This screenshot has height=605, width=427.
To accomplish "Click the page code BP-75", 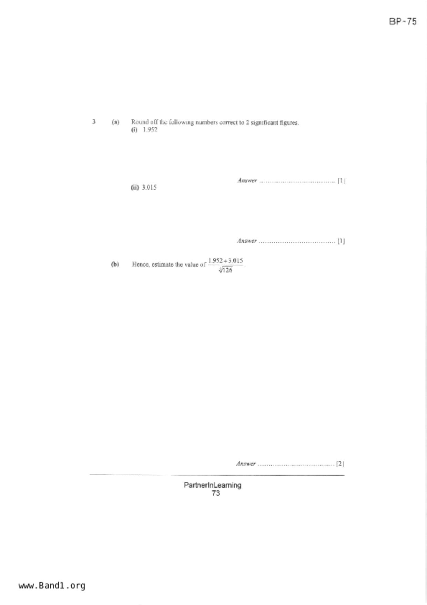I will pos(403,21).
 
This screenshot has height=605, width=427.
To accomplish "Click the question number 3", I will pos(94,121).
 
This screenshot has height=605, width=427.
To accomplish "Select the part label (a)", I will pos(115,122).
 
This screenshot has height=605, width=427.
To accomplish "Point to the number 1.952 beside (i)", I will pos(150,130).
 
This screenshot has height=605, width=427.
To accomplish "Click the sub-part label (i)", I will pos(134,130).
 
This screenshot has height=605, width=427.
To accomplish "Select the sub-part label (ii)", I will pos(135,187).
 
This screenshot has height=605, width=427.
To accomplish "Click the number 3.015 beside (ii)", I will pos(149,187).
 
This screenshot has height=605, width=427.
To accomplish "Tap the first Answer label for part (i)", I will pos(247,180).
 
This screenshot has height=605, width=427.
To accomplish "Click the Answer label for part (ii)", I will pos(247,241).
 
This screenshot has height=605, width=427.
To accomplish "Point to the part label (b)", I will pos(115,264).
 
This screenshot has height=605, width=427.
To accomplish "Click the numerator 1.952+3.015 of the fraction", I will pos(225,260).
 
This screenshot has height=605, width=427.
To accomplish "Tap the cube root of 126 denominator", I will pos(225,270).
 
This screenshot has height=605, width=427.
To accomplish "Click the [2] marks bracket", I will pos(340,463).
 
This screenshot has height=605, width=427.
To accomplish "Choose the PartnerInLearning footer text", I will pos(212,485).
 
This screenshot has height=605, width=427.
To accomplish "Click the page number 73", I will pos(216,493).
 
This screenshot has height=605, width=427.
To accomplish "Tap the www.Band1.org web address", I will pos(52,585).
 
